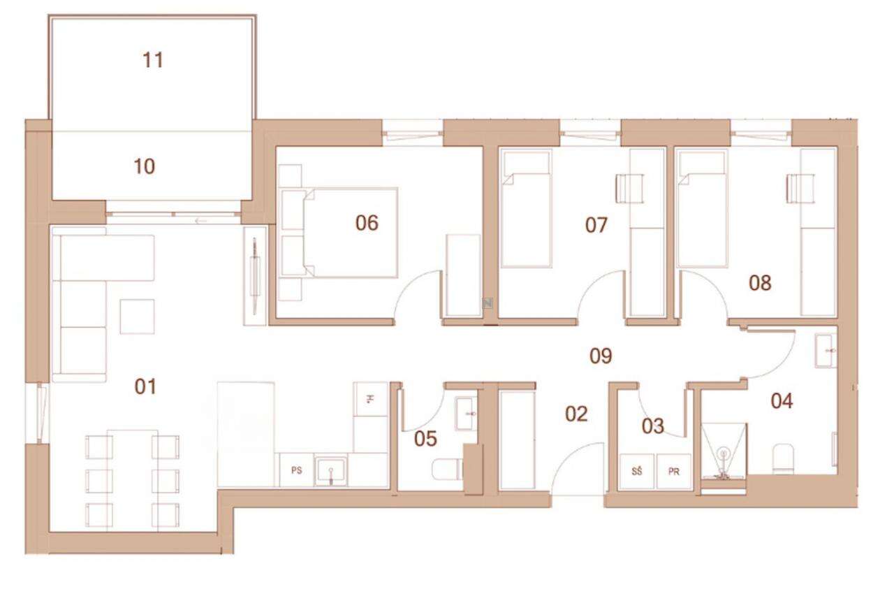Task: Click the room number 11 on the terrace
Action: pyautogui.click(x=153, y=60)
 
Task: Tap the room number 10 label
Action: pyautogui.click(x=145, y=166)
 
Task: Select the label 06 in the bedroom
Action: pyautogui.click(x=367, y=223)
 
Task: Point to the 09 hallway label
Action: pyautogui.click(x=601, y=356)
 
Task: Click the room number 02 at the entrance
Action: pyautogui.click(x=576, y=414)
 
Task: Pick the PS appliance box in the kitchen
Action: pyautogui.click(x=297, y=470)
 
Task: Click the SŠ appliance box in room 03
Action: pyautogui.click(x=636, y=471)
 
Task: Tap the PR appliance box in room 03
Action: pyautogui.click(x=674, y=471)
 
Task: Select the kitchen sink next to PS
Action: pyautogui.click(x=330, y=471)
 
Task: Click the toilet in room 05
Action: pyautogui.click(x=448, y=470)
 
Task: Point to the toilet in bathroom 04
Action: pyautogui.click(x=783, y=459)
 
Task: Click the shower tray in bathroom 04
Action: pyautogui.click(x=723, y=451)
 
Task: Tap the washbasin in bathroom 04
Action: pyautogui.click(x=826, y=351)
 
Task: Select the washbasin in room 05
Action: pyautogui.click(x=466, y=414)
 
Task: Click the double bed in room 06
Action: pyautogui.click(x=351, y=233)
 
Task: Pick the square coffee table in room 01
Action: pyautogui.click(x=138, y=317)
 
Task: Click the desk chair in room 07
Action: pyautogui.click(x=630, y=189)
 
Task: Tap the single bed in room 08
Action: pyautogui.click(x=702, y=208)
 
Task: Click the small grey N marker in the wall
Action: pyautogui.click(x=487, y=303)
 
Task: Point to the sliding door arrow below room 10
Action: pyautogui.click(x=201, y=221)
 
